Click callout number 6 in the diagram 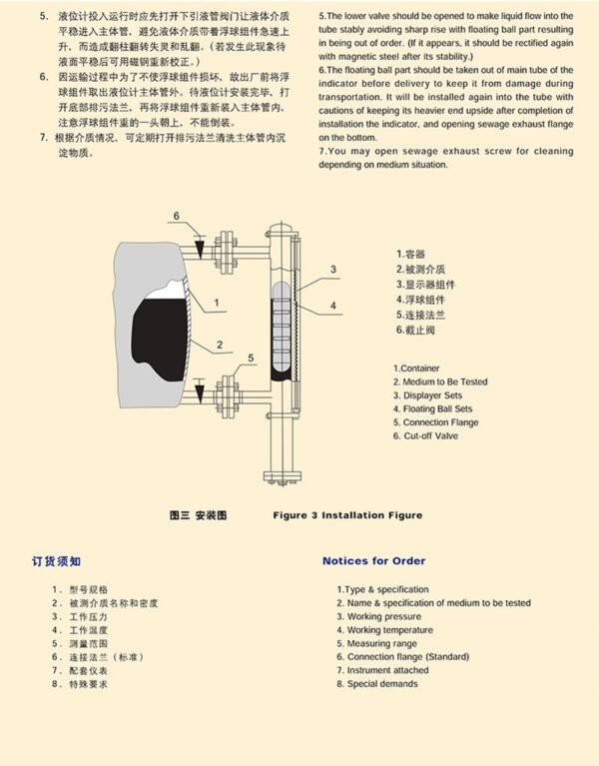tap(175, 217)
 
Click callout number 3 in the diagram tap(332, 270)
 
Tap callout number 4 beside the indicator tap(332, 306)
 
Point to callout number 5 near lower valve tap(251, 358)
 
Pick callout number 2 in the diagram tap(216, 346)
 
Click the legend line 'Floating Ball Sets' tap(436, 409)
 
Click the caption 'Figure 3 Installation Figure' tap(347, 515)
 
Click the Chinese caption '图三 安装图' tap(199, 515)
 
